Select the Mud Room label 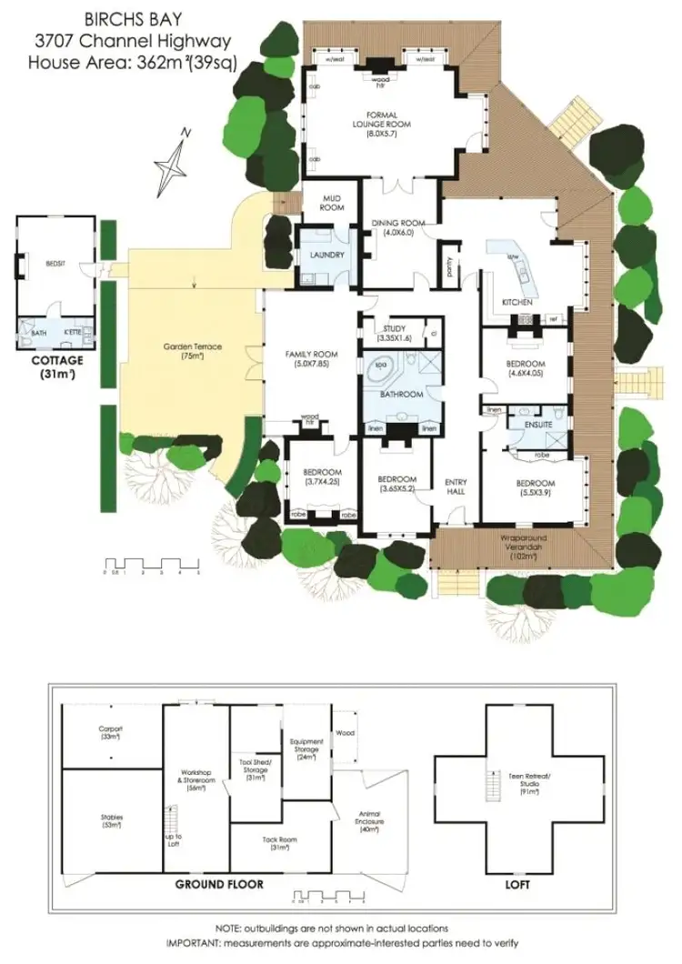pyautogui.click(x=332, y=203)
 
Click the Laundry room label pyautogui.click(x=326, y=256)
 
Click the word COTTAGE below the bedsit pyautogui.click(x=56, y=360)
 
